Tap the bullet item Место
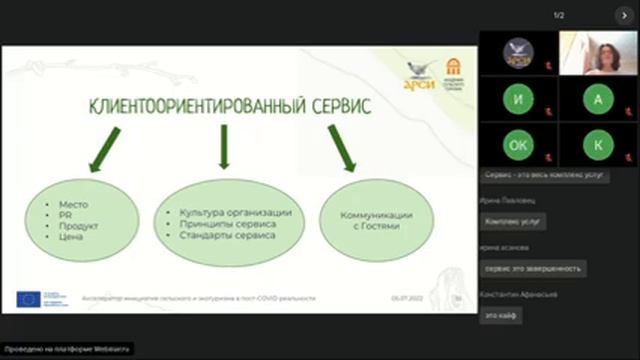pyautogui.click(x=74, y=203)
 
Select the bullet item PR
pyautogui.click(x=66, y=215)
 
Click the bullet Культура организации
pyautogui.click(x=235, y=213)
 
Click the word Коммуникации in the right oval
pyautogui.click(x=376, y=214)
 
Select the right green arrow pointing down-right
pyautogui.click(x=343, y=148)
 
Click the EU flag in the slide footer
pyautogui.click(x=28, y=298)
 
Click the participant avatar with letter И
pyautogui.click(x=516, y=99)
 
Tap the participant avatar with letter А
pyautogui.click(x=598, y=99)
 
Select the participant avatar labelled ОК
pyautogui.click(x=516, y=144)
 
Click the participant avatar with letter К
pyautogui.click(x=598, y=144)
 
